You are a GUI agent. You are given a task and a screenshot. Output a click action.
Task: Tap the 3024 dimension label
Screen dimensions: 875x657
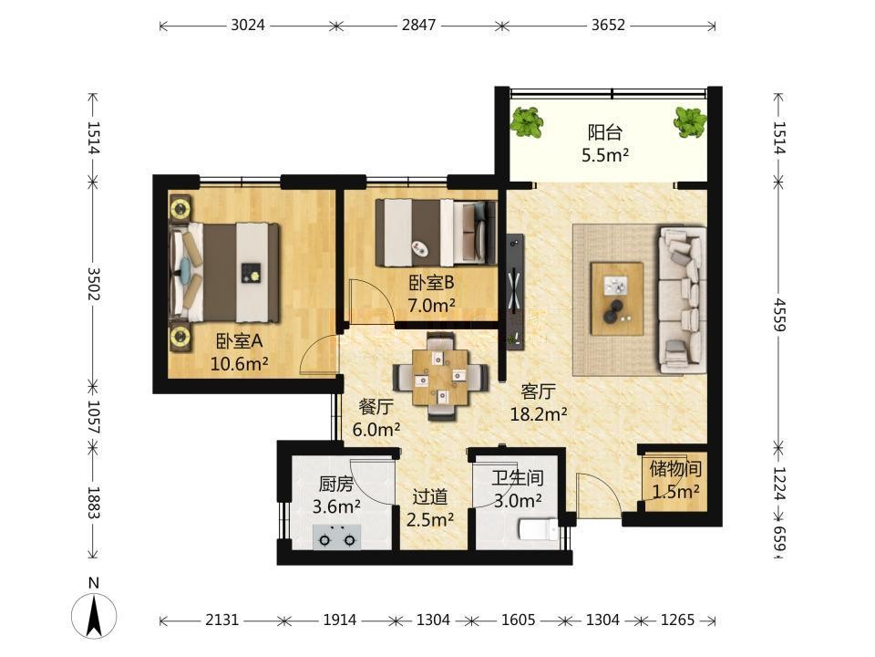point(248,26)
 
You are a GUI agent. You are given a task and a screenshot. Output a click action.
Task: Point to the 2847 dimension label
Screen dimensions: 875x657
point(418,26)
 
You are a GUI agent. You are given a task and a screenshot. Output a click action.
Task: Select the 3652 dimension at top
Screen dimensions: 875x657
point(608,26)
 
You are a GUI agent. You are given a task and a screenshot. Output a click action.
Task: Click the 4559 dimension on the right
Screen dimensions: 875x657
point(779,315)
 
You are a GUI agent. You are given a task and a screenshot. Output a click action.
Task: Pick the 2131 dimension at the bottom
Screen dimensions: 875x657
point(222,620)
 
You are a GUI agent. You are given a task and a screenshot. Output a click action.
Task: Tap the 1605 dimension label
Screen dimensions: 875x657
point(518,620)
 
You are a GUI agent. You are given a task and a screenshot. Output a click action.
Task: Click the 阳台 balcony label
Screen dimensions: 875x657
point(605,132)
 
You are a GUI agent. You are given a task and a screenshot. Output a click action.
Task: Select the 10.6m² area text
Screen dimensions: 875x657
point(240,364)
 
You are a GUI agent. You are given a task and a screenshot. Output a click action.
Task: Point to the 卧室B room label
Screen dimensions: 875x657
point(431,283)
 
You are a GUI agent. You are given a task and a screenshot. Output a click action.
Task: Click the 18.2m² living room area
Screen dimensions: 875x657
point(539,414)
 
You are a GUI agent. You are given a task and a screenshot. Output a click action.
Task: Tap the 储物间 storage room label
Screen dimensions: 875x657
point(675,468)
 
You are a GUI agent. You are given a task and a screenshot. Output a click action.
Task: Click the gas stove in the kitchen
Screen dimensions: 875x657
point(336,537)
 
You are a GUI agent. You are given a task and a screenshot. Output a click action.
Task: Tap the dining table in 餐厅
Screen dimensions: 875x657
point(441,377)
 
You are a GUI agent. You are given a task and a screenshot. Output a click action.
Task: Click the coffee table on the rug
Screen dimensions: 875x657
point(617,299)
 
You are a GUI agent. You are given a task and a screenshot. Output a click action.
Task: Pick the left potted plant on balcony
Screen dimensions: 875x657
point(526,122)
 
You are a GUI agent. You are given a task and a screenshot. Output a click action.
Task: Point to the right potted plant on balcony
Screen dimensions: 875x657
point(690,122)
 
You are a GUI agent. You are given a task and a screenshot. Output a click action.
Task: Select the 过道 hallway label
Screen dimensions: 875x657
point(429,496)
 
